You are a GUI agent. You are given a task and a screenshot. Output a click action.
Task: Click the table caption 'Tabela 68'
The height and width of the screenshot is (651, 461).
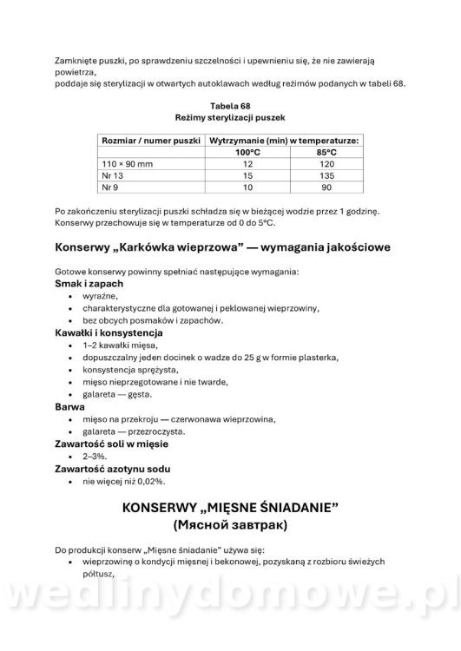click(230, 104)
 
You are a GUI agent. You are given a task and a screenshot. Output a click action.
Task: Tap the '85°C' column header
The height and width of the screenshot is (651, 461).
click(326, 152)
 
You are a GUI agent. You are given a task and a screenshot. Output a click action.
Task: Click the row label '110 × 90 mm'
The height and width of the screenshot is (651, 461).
click(127, 163)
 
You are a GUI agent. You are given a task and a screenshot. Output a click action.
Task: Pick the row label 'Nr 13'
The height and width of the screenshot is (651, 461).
click(113, 174)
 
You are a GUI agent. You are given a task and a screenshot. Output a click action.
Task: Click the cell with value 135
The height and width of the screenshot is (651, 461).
click(326, 174)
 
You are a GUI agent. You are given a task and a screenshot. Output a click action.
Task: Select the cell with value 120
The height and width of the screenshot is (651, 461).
click(326, 163)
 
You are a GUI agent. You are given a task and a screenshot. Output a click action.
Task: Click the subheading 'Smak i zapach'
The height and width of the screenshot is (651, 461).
click(89, 284)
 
